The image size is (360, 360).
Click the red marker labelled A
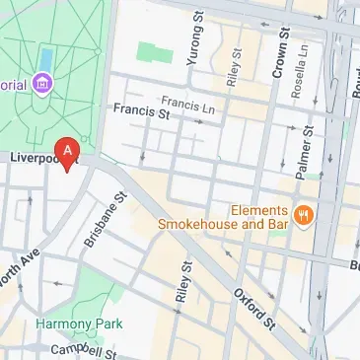(x=67, y=151)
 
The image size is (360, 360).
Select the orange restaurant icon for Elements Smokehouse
(x=303, y=213)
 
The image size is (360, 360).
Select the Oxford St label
(x=252, y=309)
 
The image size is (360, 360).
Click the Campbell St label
(x=84, y=350)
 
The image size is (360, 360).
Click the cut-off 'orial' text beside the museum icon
(x=12, y=85)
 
